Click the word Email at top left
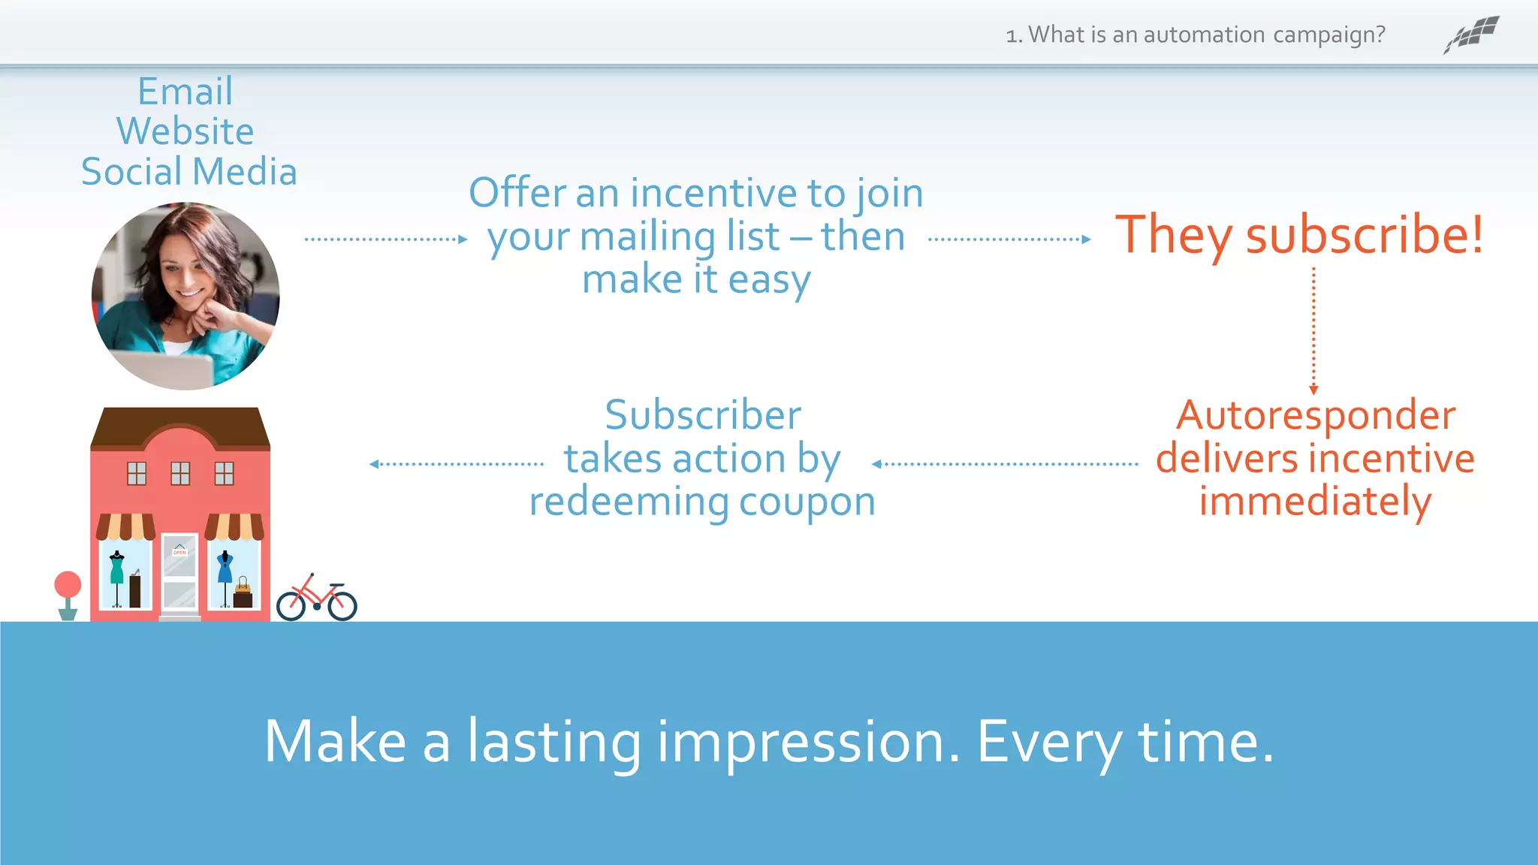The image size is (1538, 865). (x=185, y=92)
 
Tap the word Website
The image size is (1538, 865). (x=185, y=132)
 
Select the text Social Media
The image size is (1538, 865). (x=189, y=172)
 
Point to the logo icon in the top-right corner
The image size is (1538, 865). (x=1471, y=35)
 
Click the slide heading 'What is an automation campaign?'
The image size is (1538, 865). (x=1205, y=35)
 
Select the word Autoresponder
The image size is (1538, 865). (x=1316, y=415)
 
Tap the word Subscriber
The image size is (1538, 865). (x=703, y=415)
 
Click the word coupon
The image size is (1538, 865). (x=807, y=502)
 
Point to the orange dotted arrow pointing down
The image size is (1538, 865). (x=1313, y=330)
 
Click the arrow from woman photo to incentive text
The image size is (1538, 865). (x=386, y=240)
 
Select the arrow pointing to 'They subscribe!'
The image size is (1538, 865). (x=1009, y=240)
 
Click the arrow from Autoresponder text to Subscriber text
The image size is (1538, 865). (x=1004, y=464)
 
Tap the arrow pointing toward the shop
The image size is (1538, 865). (x=457, y=464)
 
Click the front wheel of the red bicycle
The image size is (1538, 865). (x=342, y=605)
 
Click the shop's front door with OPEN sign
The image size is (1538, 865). (x=180, y=575)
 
